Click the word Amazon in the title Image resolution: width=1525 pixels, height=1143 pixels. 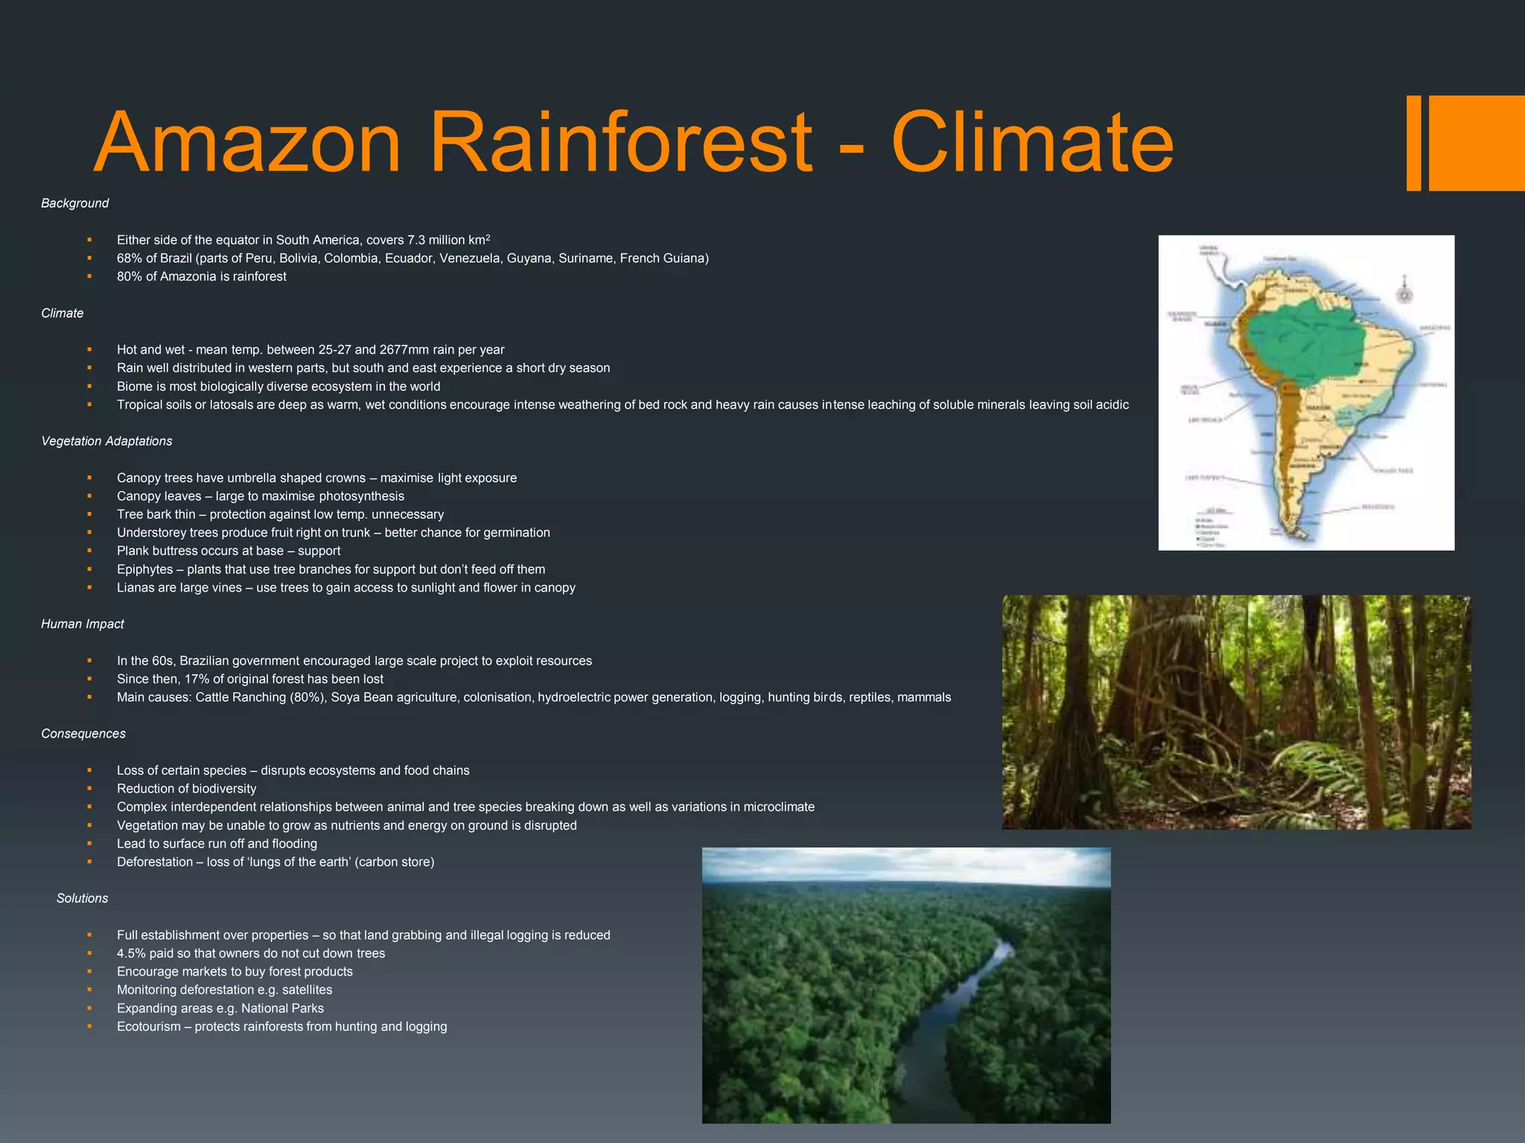tap(248, 142)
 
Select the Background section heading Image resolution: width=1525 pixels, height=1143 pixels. tap(74, 203)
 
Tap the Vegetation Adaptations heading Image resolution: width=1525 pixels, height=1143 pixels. tap(106, 441)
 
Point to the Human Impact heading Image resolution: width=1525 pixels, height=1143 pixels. tap(82, 624)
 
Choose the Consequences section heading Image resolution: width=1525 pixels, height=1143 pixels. tap(83, 734)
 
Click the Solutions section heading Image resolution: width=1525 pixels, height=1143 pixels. tap(82, 898)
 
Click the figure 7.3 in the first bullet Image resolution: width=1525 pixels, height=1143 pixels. tap(416, 240)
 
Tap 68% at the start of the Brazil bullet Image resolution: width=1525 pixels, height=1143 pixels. tap(129, 258)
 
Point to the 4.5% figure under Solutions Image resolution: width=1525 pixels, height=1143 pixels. tap(131, 953)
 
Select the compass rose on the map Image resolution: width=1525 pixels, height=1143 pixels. tap(1404, 293)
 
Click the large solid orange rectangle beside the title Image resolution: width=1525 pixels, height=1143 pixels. tap(1476, 143)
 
